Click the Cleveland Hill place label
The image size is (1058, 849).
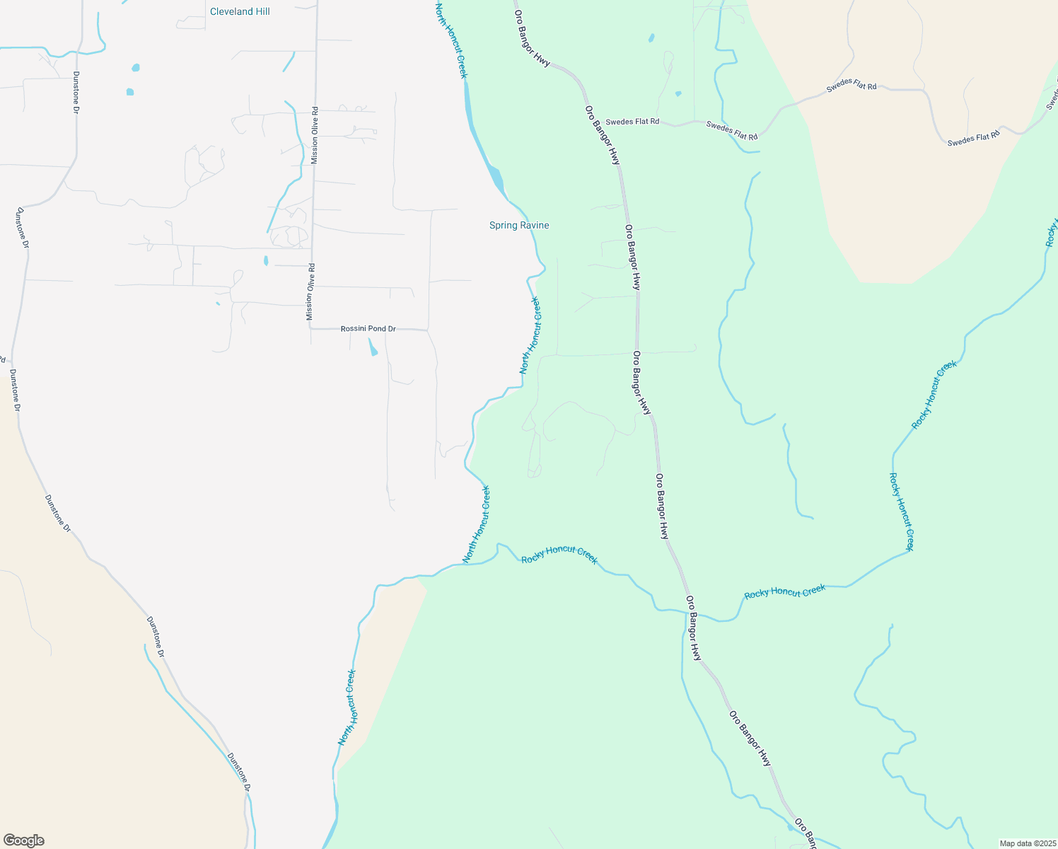[x=240, y=11]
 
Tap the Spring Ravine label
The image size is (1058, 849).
[x=519, y=225]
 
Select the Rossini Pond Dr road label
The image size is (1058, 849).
[x=368, y=329]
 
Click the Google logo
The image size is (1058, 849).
[x=23, y=841]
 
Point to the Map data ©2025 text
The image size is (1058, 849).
[x=1027, y=843]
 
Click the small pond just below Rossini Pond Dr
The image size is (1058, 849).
[x=372, y=347]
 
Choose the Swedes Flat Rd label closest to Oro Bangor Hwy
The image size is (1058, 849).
[x=632, y=122]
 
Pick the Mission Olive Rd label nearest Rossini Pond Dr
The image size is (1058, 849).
[x=310, y=291]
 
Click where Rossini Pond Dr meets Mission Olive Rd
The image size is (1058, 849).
[x=311, y=329]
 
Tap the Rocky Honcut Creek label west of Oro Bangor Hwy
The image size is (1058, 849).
[x=559, y=555]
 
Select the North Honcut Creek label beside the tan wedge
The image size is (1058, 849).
[x=347, y=707]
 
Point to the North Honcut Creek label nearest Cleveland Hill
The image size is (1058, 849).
[x=451, y=41]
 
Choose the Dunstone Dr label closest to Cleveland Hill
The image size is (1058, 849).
[x=76, y=92]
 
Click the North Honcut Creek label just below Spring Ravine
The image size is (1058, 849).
[x=530, y=335]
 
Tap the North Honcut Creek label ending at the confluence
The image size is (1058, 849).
[x=476, y=524]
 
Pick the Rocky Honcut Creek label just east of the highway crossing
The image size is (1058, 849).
[x=785, y=591]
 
